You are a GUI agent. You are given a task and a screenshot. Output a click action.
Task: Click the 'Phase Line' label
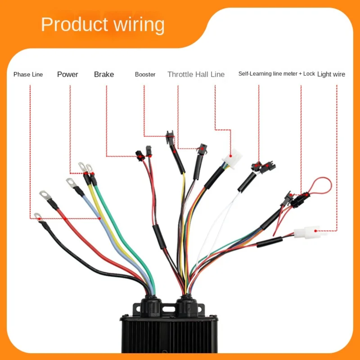(28, 74)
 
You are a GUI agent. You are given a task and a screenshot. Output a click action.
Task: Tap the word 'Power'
(68, 74)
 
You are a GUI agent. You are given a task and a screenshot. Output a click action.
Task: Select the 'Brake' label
(104, 74)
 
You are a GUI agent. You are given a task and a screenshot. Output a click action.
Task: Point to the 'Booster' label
(145, 74)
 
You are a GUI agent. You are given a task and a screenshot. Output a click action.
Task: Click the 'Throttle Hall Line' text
(196, 74)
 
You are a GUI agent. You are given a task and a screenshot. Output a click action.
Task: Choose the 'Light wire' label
(331, 74)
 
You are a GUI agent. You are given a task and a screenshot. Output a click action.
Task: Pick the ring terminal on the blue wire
(71, 182)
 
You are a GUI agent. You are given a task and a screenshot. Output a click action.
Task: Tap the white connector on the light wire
(310, 231)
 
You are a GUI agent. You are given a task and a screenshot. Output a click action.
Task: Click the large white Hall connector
(233, 157)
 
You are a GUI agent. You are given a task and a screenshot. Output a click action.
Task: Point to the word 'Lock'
(309, 74)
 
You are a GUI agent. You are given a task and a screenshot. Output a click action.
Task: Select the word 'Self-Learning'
(255, 74)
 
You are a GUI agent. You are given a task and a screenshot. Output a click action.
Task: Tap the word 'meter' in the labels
(291, 74)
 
